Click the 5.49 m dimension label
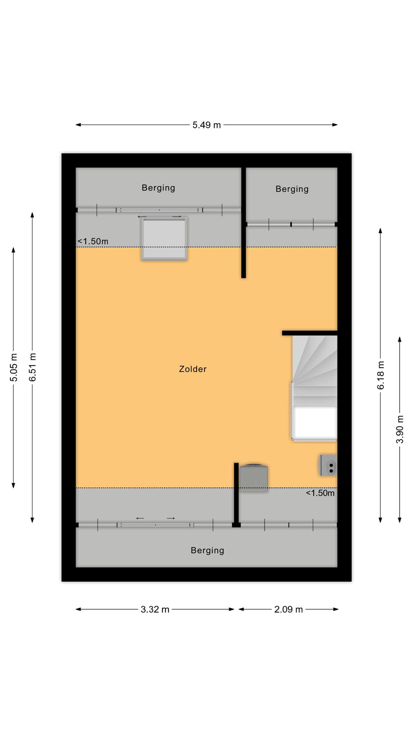coord(206,125)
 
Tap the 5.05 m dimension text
coord(14,367)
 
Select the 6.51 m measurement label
coord(33,367)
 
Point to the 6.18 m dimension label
coord(381,375)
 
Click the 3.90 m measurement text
coord(400,429)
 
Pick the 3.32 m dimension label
coord(155,610)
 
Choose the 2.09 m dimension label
coord(289,610)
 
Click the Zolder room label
coord(193,369)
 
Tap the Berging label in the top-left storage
coord(158,188)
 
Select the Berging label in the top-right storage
coord(292,189)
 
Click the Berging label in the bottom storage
coord(208,550)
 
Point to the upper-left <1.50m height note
coord(93,242)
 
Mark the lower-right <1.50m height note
coord(320,493)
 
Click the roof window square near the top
coord(165,239)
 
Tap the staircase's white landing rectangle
coord(315,423)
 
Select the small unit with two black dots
coord(329,465)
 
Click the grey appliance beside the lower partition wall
coord(254,478)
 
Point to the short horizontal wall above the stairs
coord(310,333)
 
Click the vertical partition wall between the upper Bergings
coord(243,223)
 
